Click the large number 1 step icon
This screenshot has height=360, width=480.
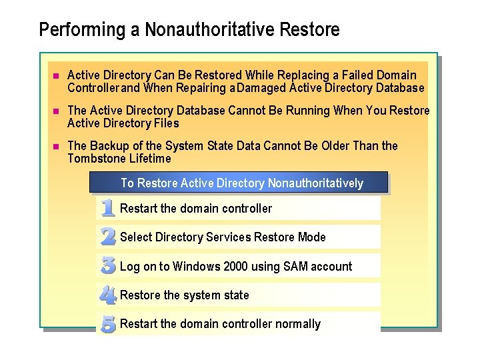tap(107, 208)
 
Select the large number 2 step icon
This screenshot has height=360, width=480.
tap(108, 237)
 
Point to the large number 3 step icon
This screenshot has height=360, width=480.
tap(108, 265)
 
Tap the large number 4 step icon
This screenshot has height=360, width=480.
tap(108, 295)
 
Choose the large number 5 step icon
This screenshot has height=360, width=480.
tap(108, 324)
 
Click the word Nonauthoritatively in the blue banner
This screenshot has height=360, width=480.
tap(315, 183)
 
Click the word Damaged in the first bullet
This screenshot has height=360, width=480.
tap(261, 88)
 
